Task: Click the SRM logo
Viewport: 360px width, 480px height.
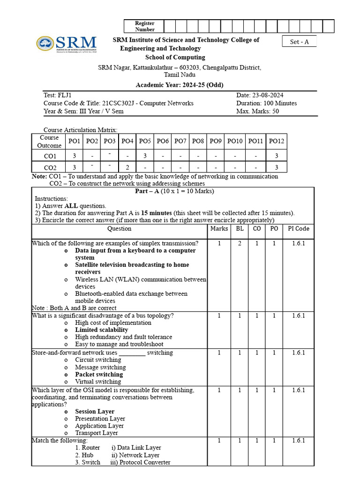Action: [67, 44]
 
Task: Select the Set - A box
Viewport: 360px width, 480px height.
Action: [300, 42]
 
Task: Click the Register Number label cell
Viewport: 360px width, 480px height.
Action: [144, 26]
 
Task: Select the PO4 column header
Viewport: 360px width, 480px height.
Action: [127, 141]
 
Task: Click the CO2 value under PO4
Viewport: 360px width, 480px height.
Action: [127, 167]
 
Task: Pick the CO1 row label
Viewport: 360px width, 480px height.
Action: [50, 156]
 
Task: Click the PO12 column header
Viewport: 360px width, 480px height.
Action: [276, 141]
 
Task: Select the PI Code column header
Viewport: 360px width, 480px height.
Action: [298, 229]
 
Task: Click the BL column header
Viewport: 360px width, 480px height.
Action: [240, 229]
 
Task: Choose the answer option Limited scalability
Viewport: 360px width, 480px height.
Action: [101, 330]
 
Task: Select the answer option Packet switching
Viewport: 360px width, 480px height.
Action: [99, 375]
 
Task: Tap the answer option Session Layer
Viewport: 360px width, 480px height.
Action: [95, 412]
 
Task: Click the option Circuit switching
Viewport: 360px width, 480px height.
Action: [97, 360]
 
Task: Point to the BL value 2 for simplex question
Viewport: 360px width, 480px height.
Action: [240, 243]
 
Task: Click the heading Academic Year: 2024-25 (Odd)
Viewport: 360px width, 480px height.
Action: [180, 85]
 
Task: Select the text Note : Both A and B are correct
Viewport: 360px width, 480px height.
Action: [74, 308]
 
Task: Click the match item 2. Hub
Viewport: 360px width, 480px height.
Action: [84, 455]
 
